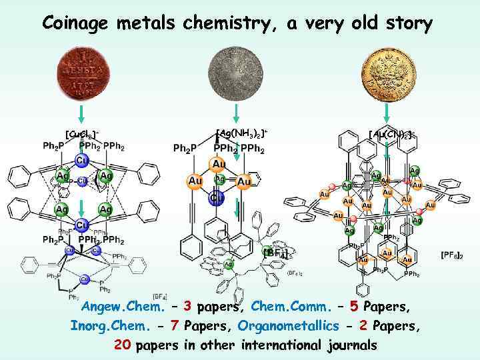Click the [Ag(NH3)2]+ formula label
coord(242,131)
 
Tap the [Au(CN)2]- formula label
coord(393,135)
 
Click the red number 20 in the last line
coord(122,345)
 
